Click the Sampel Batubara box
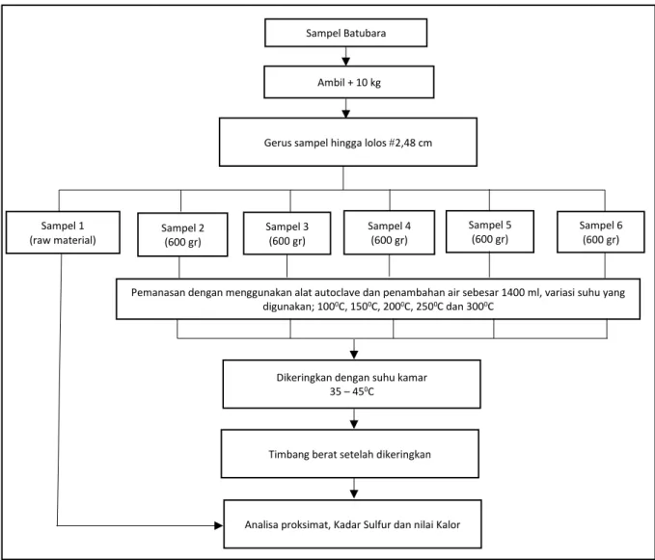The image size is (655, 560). [x=346, y=33]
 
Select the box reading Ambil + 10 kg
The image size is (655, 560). [x=349, y=82]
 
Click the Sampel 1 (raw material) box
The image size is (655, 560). [x=63, y=232]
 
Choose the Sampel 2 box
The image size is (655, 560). [x=182, y=234]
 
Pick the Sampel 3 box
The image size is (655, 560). [x=287, y=233]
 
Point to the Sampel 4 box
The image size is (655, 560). [x=389, y=232]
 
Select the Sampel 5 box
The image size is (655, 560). [x=490, y=231]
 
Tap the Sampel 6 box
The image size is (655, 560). [x=601, y=232]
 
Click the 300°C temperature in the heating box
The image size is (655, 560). [x=480, y=307]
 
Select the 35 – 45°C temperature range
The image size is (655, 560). [x=352, y=391]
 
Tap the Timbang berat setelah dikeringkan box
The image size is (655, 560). [x=349, y=454]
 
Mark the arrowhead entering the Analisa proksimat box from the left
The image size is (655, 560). [x=218, y=525]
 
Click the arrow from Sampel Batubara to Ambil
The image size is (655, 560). [x=346, y=56]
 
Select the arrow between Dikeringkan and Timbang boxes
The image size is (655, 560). [x=354, y=418]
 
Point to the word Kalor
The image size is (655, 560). [x=449, y=524]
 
